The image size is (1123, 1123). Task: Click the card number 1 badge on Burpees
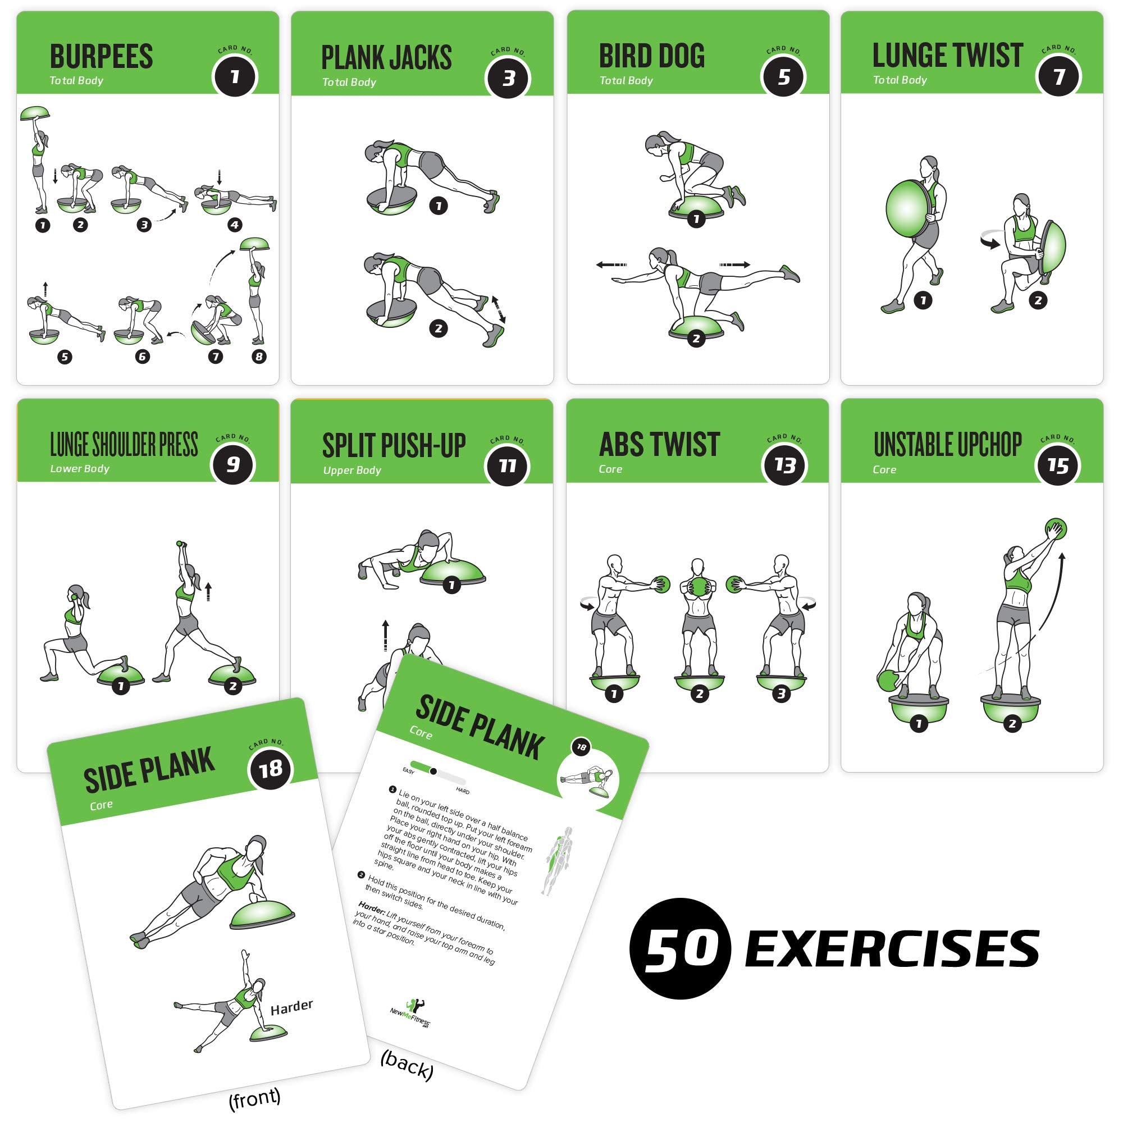point(235,77)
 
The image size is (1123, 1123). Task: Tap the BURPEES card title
point(101,57)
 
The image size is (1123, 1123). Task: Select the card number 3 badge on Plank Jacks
point(508,79)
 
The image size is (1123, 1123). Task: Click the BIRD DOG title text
point(651,56)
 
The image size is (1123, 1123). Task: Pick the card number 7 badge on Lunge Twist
point(1058,76)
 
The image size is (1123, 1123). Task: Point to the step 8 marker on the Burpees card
point(259,357)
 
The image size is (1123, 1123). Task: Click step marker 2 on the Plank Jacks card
point(439,328)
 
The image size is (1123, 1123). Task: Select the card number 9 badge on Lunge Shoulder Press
point(233,464)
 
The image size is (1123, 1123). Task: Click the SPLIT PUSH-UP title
point(394,446)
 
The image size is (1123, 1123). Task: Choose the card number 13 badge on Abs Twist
point(784,464)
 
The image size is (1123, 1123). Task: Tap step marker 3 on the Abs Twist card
point(781,693)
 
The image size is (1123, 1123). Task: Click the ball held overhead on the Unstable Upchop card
point(1056,529)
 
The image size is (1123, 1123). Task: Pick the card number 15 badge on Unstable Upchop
point(1058,465)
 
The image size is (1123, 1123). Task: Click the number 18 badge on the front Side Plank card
point(270,770)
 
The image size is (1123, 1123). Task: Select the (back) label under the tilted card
point(407,1065)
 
